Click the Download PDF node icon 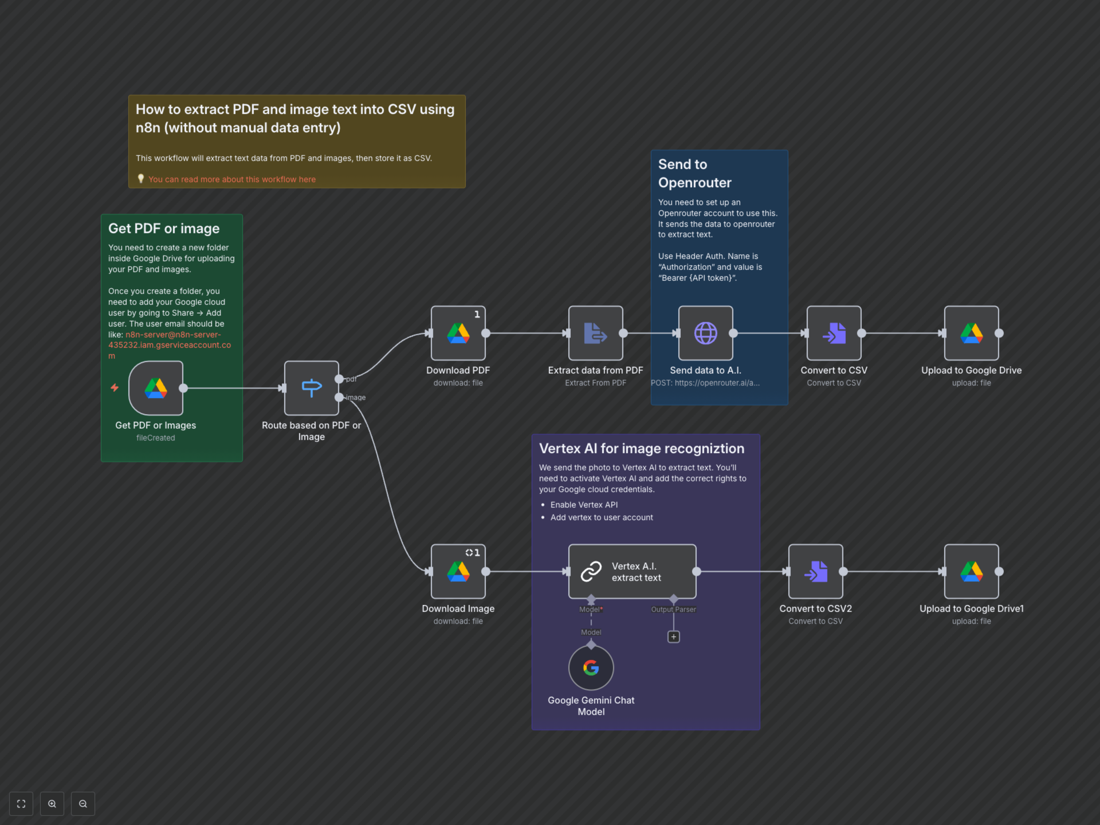coord(458,333)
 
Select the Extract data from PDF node coord(595,333)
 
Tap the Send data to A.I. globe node coord(705,333)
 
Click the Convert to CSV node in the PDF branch coord(834,333)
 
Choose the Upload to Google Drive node coord(971,333)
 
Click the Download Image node coord(458,571)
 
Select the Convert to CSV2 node coord(816,571)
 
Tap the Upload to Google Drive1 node coord(971,571)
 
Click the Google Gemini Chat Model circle coord(591,667)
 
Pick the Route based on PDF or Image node coord(311,388)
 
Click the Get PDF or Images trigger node coord(156,388)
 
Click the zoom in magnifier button coord(52,804)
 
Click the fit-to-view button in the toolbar coord(21,804)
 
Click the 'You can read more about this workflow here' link coord(232,180)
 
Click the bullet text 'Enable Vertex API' coord(584,505)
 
